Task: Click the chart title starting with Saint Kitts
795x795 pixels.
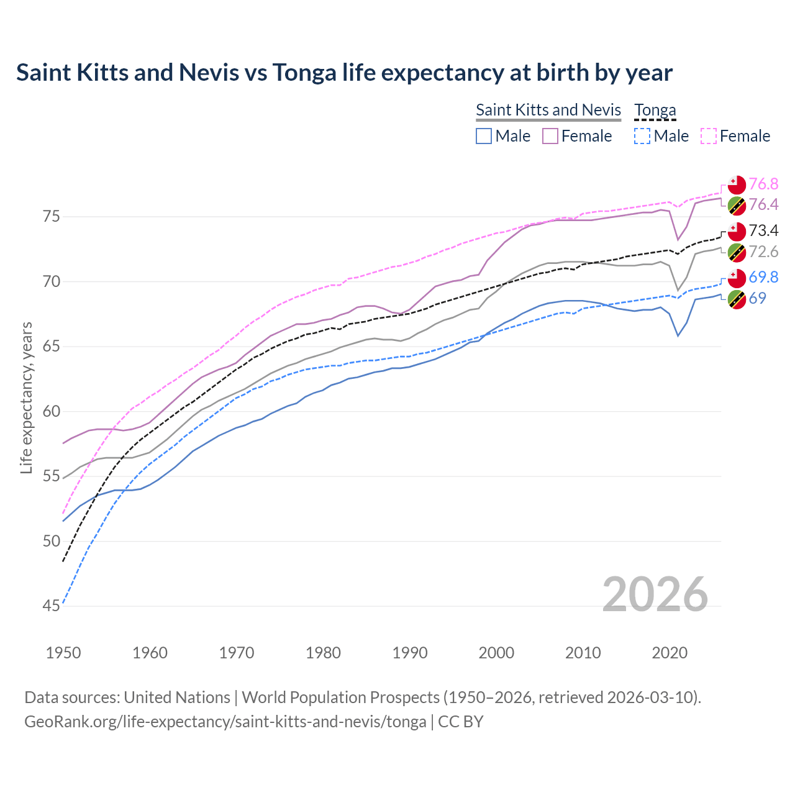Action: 344,73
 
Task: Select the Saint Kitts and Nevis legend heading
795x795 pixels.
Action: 548,110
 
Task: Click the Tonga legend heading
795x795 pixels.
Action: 655,110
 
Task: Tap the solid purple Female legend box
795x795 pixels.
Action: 550,136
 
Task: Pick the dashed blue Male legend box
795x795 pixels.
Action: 643,136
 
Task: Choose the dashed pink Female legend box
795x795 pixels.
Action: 709,136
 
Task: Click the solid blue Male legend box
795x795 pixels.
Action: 484,136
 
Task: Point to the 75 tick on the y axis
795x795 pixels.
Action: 52,217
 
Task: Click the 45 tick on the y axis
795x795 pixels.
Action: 52,606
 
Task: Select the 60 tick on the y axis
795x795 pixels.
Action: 52,411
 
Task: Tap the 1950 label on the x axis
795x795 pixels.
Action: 63,653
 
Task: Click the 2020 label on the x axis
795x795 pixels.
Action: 670,653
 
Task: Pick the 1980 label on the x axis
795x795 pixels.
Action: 323,653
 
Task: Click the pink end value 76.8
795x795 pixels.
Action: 763,184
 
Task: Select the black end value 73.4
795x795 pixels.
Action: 763,230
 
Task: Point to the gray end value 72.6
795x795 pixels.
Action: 763,252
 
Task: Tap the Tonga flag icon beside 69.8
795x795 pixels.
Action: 737,278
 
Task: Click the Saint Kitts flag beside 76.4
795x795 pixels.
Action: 737,205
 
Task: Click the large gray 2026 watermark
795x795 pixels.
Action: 655,594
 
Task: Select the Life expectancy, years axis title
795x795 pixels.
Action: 26,397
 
